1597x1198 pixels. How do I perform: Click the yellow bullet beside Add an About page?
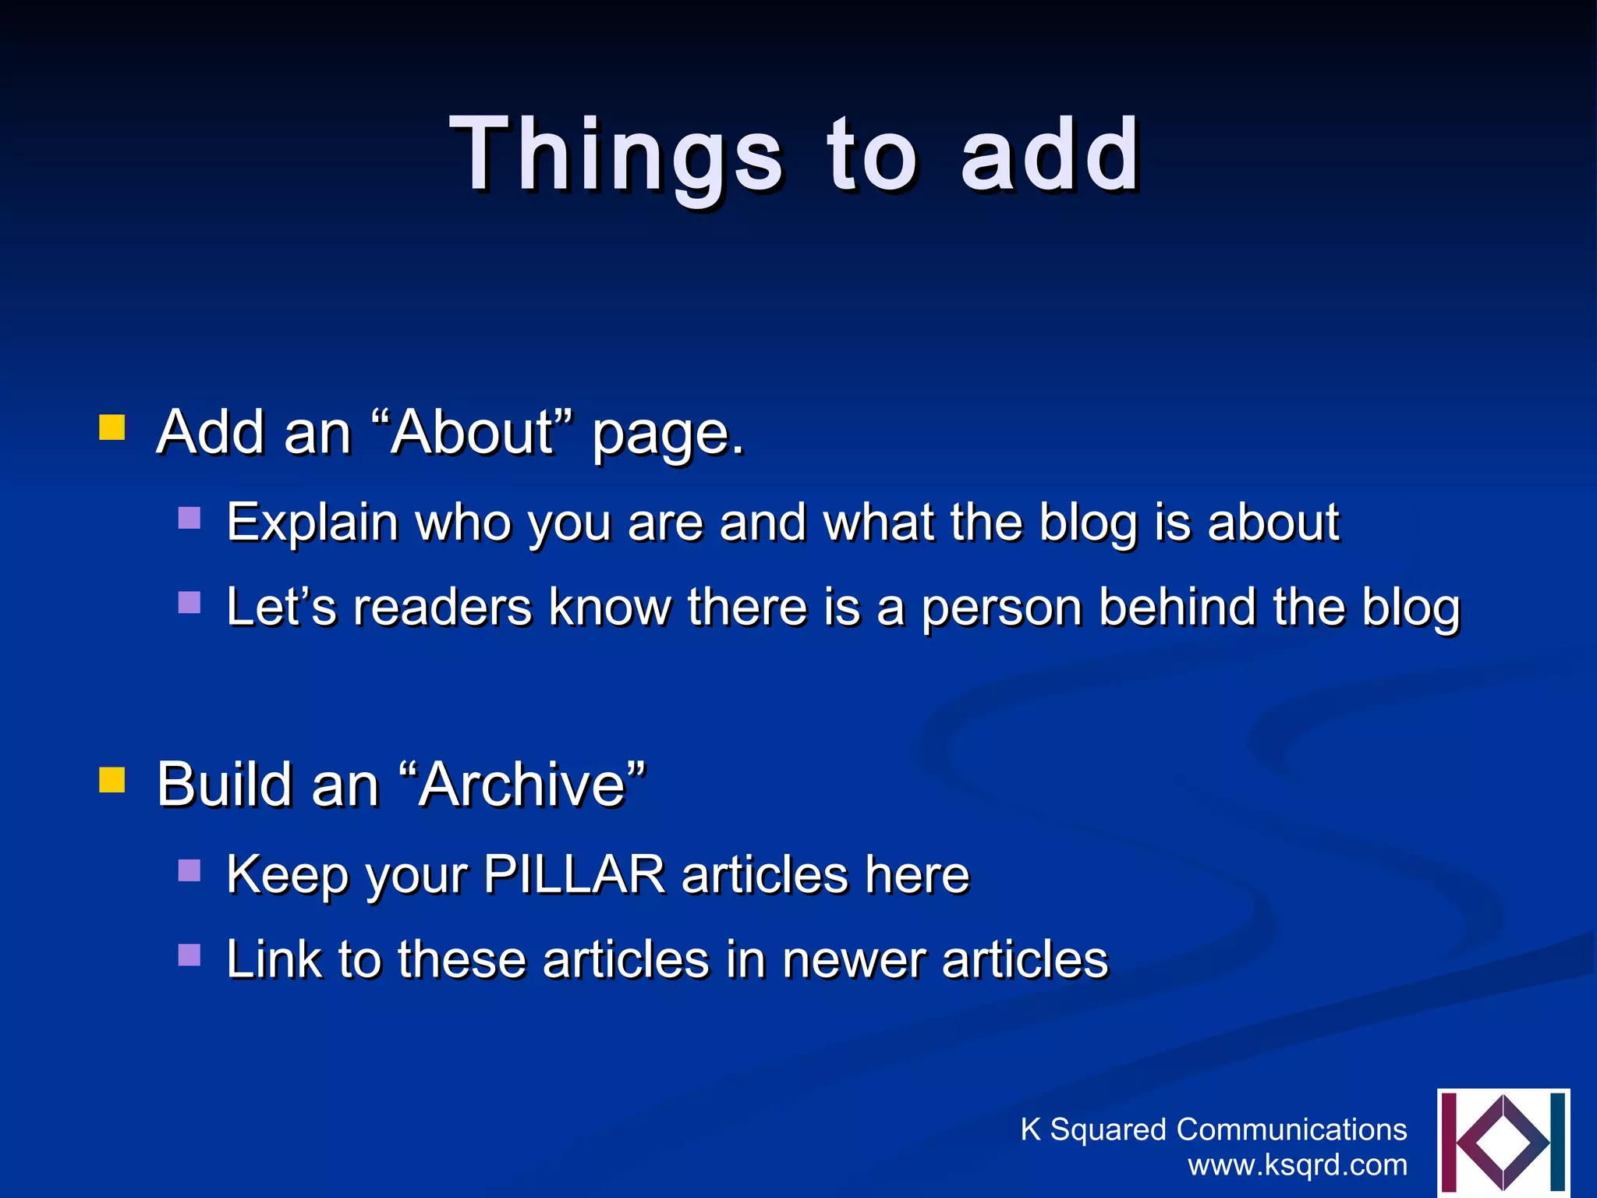[112, 428]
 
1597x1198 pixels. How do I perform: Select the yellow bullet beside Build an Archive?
[112, 779]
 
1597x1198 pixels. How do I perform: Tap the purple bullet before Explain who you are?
[189, 518]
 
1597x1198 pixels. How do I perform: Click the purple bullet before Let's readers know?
[189, 602]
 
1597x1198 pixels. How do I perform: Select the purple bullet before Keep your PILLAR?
[189, 870]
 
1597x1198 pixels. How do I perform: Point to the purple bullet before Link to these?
[189, 955]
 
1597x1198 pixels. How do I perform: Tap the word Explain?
[312, 523]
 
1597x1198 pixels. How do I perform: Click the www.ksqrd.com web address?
[1298, 1164]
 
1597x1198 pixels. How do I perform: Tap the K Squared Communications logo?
[1503, 1142]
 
